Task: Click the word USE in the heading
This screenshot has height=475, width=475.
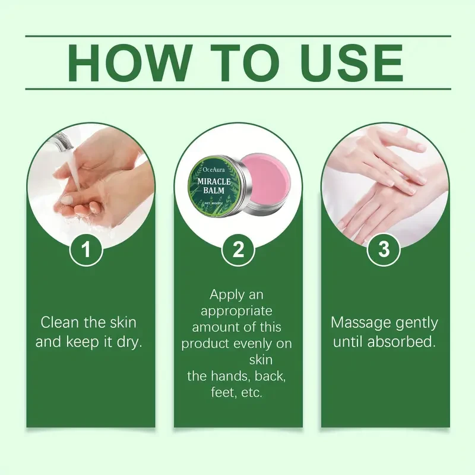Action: pyautogui.click(x=346, y=62)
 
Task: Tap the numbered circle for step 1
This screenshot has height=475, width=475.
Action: pyautogui.click(x=87, y=249)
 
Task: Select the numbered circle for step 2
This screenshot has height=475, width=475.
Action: pyautogui.click(x=237, y=249)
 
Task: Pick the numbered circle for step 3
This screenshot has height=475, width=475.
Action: pyautogui.click(x=384, y=249)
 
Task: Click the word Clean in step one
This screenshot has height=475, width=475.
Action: pyautogui.click(x=59, y=322)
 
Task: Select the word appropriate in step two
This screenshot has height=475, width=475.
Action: pyautogui.click(x=237, y=311)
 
